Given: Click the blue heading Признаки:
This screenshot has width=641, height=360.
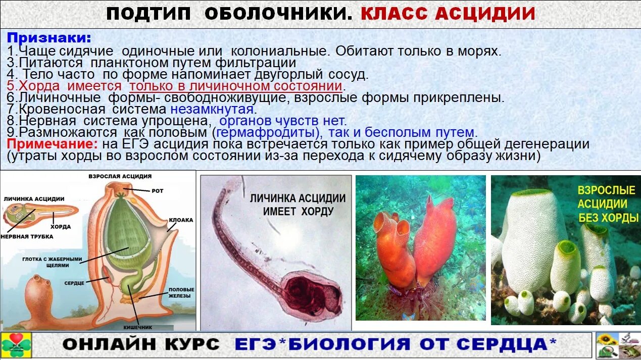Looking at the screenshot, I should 49,38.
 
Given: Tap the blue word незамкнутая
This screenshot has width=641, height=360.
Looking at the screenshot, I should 211,109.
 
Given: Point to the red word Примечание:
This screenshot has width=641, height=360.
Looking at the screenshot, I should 52,144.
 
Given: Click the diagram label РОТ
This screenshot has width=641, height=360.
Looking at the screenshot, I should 158,191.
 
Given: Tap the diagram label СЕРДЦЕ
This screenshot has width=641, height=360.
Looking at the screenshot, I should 74,283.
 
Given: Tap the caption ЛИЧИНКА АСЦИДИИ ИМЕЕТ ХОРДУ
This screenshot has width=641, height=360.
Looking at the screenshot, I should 298,204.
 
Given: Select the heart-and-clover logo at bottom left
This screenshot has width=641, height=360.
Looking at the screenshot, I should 16,345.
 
